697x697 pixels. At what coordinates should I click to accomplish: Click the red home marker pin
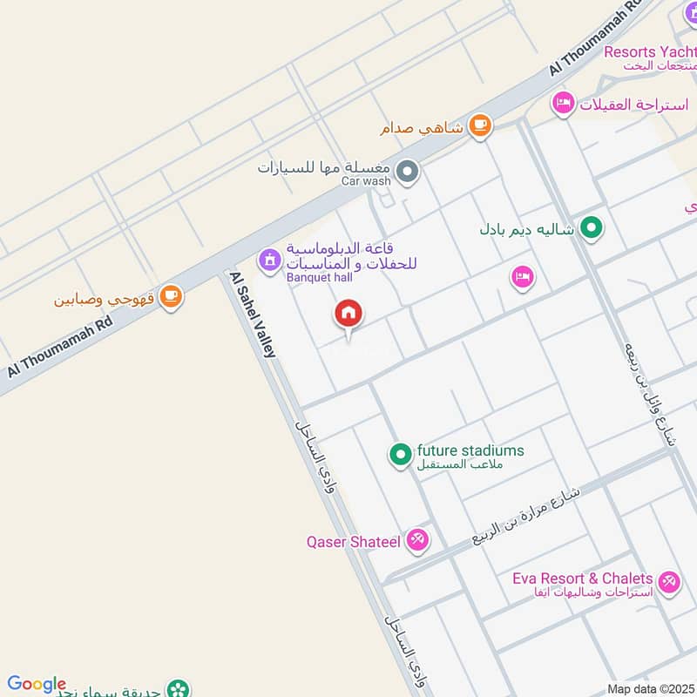point(348,314)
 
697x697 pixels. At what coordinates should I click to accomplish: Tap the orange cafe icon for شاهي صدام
point(479,126)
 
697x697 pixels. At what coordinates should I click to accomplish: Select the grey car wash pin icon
point(407,173)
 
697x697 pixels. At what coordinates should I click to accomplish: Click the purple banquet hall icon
point(268,260)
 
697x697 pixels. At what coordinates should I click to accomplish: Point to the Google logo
point(37,684)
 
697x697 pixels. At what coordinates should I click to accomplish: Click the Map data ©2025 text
point(650,688)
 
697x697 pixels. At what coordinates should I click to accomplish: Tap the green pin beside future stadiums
point(400,455)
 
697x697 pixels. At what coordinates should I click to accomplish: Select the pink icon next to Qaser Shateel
point(418,541)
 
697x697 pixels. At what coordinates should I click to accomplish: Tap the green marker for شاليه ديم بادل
point(592,230)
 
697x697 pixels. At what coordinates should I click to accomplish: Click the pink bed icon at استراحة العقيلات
point(564,105)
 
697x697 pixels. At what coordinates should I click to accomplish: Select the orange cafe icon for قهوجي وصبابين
point(172,297)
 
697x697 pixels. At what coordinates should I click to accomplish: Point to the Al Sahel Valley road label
point(254,314)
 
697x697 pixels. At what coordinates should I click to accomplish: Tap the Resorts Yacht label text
point(648,52)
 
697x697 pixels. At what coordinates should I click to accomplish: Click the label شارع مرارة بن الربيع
point(528,514)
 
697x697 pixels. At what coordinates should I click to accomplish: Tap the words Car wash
point(366,181)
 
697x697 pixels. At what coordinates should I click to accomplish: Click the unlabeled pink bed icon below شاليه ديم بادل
point(522,277)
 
